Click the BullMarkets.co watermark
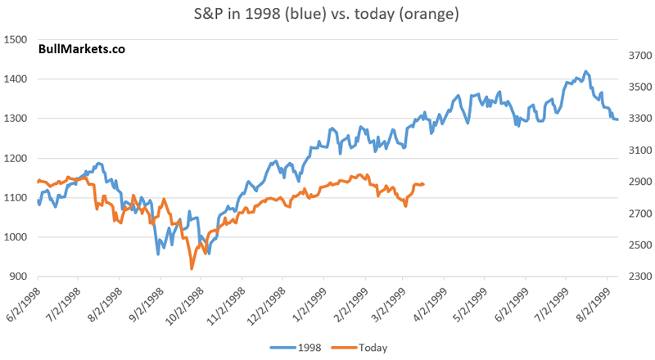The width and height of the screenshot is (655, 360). pyautogui.click(x=81, y=49)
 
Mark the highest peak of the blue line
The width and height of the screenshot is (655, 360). pyautogui.click(x=586, y=72)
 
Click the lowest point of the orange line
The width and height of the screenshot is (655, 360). pyautogui.click(x=192, y=268)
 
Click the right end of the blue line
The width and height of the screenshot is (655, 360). pyautogui.click(x=617, y=119)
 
